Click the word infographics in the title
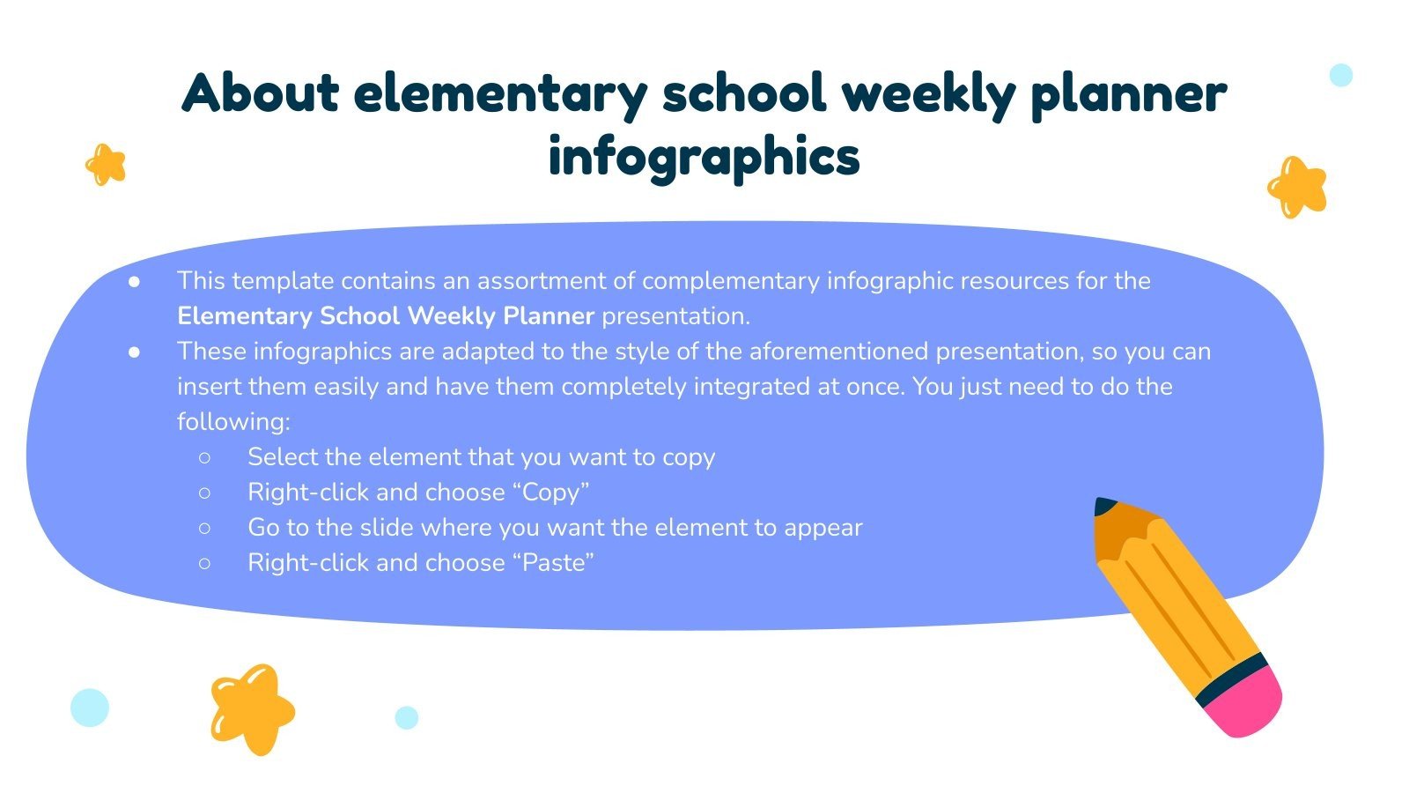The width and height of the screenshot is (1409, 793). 704,158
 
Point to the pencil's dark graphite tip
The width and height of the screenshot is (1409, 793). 1103,507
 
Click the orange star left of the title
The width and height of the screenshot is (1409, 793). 106,165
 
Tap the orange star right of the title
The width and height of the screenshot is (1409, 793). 1297,187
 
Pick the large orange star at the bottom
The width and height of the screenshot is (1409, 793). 252,708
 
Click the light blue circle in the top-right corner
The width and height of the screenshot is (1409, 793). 1340,75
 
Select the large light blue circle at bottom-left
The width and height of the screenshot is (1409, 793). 90,707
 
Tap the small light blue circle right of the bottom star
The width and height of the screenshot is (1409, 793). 406,717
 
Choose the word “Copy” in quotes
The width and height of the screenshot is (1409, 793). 550,492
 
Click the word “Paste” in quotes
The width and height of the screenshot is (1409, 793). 553,562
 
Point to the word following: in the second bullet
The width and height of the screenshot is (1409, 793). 233,422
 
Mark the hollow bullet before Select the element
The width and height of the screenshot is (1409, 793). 205,457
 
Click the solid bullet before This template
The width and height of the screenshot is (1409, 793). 135,281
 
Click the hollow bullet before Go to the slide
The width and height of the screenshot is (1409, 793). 205,528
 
